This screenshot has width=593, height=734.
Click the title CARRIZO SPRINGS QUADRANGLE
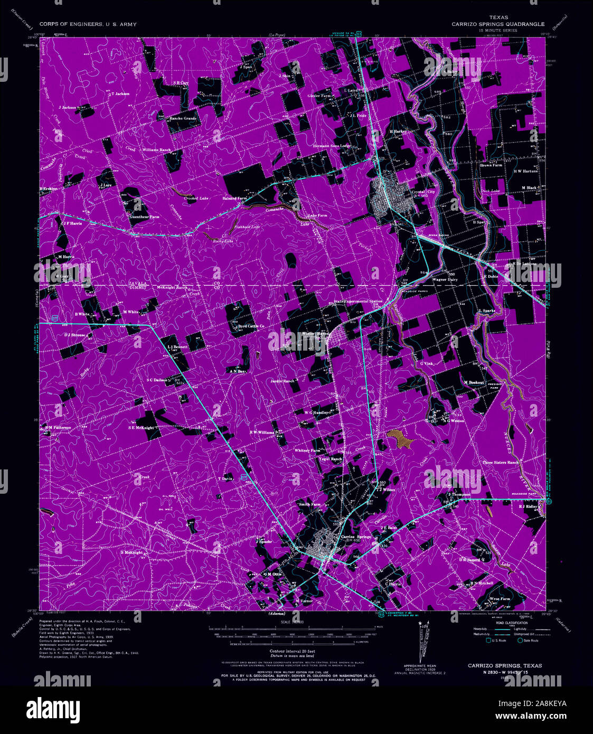(x=497, y=24)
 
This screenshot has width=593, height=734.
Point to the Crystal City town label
(x=423, y=192)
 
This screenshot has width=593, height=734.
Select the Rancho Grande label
(x=183, y=118)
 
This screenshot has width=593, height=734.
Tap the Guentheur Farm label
(x=144, y=217)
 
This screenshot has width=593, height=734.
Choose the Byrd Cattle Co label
(x=251, y=326)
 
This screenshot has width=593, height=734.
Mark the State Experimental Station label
(x=357, y=302)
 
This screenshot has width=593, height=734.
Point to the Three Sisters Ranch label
(x=501, y=463)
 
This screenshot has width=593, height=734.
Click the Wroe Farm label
(x=499, y=599)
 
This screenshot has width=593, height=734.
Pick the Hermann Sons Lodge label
(x=332, y=146)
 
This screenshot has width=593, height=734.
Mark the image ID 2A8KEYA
(x=547, y=703)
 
